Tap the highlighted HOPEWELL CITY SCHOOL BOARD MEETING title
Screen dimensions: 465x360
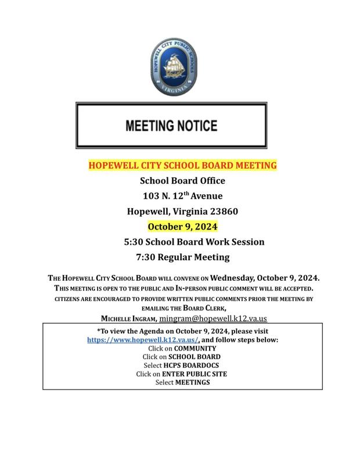pos(182,165)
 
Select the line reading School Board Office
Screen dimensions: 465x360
pos(182,181)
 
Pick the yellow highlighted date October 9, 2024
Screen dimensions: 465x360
pos(182,226)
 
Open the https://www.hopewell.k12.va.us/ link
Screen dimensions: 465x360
pos(143,339)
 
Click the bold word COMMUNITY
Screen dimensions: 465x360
pos(191,348)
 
